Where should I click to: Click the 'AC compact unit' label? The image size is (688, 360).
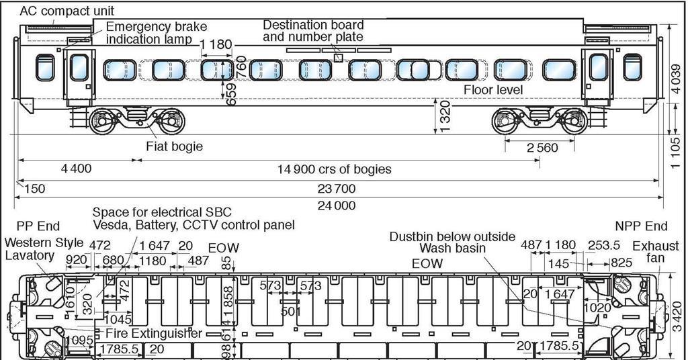(67, 11)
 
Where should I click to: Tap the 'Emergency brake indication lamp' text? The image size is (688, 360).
(154, 34)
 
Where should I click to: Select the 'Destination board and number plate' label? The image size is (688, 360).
(313, 31)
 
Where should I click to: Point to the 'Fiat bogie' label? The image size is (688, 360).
(174, 146)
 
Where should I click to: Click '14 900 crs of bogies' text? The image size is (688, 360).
(334, 169)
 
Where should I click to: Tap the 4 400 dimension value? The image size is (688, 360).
(76, 169)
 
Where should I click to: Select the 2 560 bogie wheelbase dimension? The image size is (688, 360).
(542, 148)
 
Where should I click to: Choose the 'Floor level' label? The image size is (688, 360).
(493, 89)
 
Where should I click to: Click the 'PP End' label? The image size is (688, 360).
(40, 226)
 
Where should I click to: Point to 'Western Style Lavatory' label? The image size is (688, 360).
(44, 249)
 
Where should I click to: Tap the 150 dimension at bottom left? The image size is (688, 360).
(34, 189)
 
